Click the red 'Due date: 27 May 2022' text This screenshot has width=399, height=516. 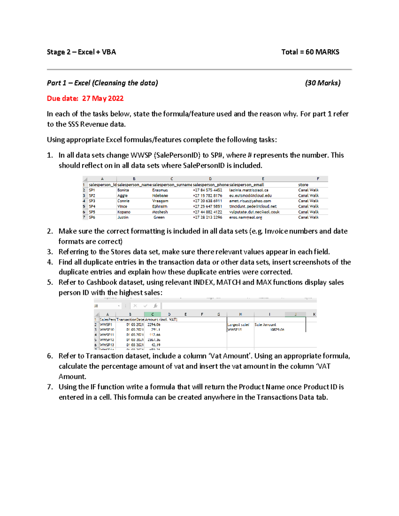coord(85,98)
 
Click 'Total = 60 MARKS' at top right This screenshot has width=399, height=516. coord(310,52)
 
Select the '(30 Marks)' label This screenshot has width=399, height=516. coord(323,83)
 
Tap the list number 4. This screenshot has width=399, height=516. coord(50,262)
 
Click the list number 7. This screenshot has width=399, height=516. coord(50,387)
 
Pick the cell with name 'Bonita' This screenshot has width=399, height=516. coord(123,190)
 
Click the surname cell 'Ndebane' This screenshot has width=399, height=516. coord(160,196)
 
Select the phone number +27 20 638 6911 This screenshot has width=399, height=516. coord(207,201)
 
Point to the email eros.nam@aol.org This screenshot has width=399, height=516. coord(245,217)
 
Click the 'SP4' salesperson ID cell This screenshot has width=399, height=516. coord(92,206)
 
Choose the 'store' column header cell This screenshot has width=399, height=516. coord(303,185)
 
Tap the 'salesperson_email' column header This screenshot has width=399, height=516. coord(246,185)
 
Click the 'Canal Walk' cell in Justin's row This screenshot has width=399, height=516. coord(308,217)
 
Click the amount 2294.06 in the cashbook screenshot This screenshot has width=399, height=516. coord(154,325)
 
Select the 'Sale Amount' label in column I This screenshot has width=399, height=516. coord(265,325)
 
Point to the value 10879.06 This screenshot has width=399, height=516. coord(277,330)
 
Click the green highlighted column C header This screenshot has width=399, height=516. coord(153,314)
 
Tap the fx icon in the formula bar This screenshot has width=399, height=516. coord(155,306)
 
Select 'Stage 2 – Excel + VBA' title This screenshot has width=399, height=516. coord(81,52)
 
